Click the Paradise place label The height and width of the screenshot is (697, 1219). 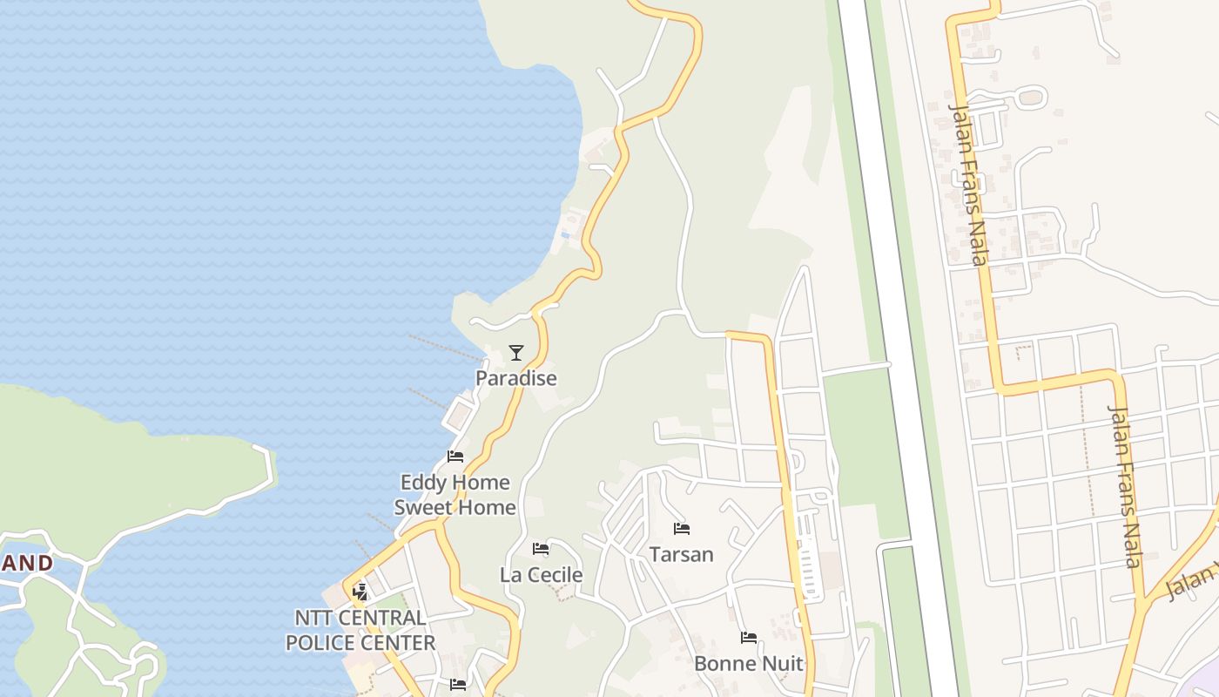pyautogui.click(x=515, y=378)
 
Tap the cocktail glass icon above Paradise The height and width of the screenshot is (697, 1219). pyautogui.click(x=516, y=353)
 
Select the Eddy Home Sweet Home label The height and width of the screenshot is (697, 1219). pyautogui.click(x=455, y=495)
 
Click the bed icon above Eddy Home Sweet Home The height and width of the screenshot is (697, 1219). pyautogui.click(x=455, y=457)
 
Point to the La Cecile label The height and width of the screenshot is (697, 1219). pyautogui.click(x=541, y=575)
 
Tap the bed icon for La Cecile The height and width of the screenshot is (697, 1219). pyautogui.click(x=541, y=549)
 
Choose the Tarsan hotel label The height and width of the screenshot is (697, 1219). pyautogui.click(x=681, y=554)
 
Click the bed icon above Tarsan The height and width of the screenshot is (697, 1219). pyautogui.click(x=681, y=529)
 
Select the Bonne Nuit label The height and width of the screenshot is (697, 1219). pyautogui.click(x=748, y=663)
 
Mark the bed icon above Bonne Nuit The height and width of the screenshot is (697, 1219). pyautogui.click(x=748, y=638)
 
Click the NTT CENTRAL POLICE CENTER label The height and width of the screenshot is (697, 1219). pyautogui.click(x=360, y=630)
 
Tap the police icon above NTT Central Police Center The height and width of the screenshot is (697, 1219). pyautogui.click(x=360, y=592)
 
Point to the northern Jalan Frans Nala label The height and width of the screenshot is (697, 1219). pyautogui.click(x=970, y=184)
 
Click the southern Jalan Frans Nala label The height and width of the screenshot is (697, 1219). pyautogui.click(x=1123, y=485)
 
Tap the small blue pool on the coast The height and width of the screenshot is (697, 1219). pyautogui.click(x=566, y=235)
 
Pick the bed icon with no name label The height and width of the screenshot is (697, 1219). pyautogui.click(x=458, y=685)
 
